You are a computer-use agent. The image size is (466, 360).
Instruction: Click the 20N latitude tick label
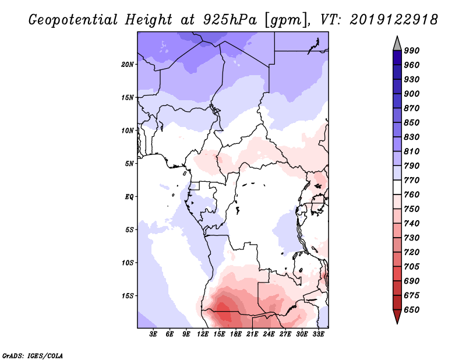(127, 64)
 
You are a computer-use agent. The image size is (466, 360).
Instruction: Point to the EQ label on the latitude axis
(129, 197)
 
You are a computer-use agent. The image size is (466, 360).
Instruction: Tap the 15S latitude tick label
(128, 296)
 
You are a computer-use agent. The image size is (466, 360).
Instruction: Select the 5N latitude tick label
(129, 164)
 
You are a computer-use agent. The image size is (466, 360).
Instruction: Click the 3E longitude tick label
(153, 334)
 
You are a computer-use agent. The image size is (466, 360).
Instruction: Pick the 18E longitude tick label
(236, 334)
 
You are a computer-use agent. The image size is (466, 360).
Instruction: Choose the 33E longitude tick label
(318, 334)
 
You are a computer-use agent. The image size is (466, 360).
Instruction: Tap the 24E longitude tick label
(269, 334)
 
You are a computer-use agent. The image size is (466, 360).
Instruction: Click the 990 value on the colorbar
(412, 51)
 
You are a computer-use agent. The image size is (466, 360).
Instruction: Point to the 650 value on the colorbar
(412, 310)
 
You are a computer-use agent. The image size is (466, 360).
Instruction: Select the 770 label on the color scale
(412, 180)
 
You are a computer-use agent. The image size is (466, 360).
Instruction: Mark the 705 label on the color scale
(412, 267)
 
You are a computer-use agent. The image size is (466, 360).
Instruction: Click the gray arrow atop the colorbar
(397, 44)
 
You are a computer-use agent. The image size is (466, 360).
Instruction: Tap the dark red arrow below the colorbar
(397, 316)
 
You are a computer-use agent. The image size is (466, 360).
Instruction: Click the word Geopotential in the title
(73, 20)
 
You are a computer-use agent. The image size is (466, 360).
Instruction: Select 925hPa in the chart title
(230, 20)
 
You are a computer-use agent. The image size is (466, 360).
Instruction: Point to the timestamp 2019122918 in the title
(394, 20)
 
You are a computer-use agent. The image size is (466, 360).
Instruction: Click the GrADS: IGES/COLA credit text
(33, 356)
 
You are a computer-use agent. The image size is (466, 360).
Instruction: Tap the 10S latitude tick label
(128, 263)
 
